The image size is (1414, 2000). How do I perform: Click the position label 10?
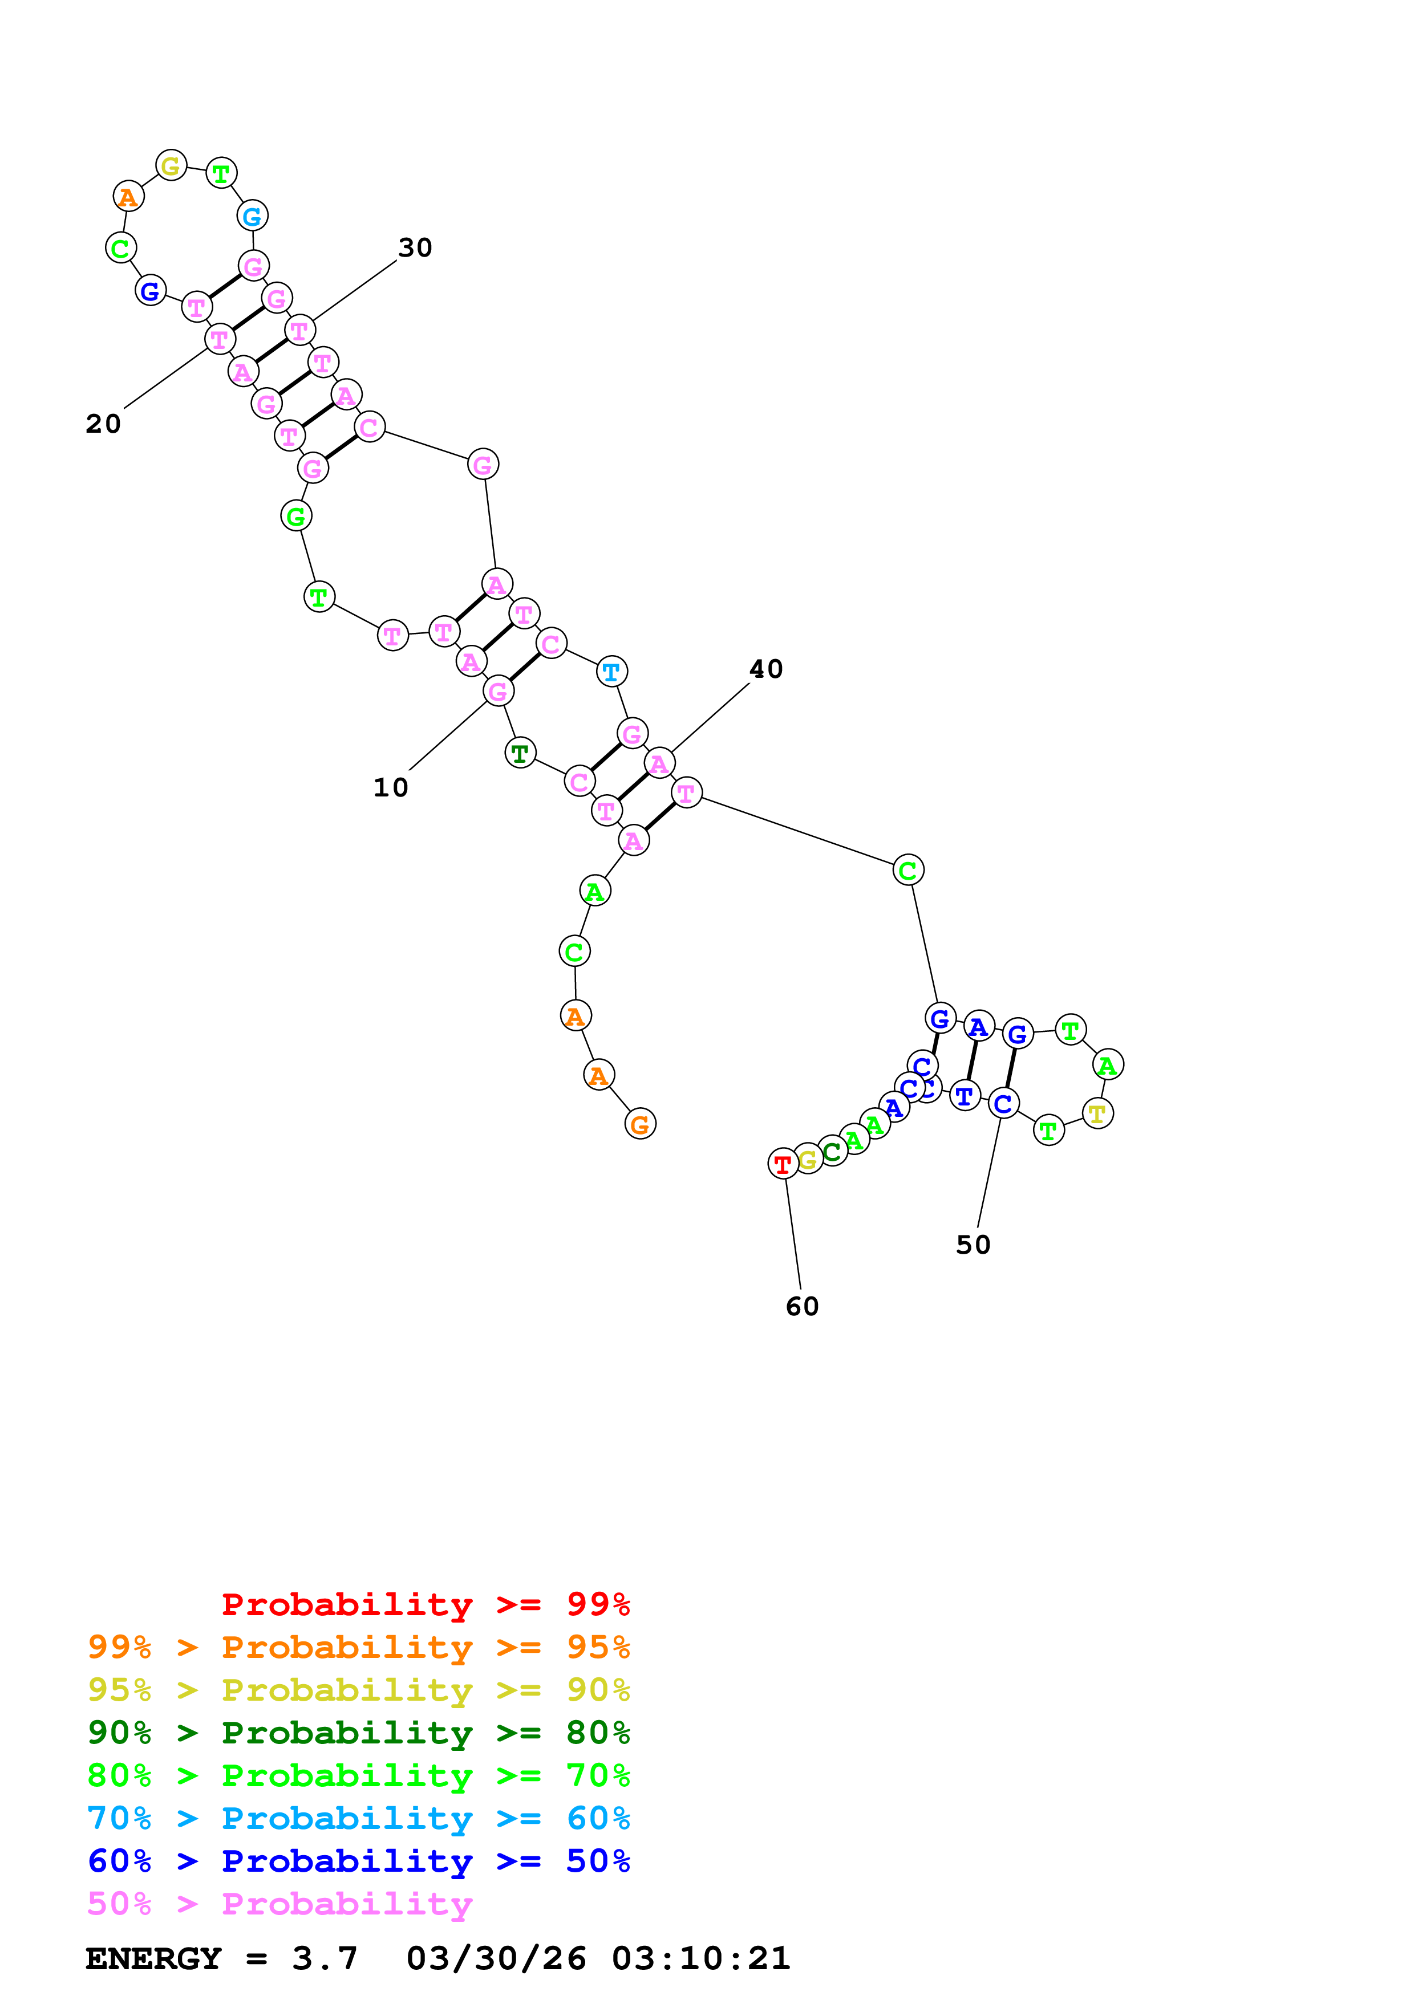[390, 787]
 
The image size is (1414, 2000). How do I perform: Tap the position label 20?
[103, 424]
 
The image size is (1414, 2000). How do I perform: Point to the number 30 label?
[415, 248]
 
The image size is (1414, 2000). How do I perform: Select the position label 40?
[766, 669]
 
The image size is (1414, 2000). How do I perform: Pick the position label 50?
[973, 1245]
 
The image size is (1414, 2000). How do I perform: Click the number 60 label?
[801, 1307]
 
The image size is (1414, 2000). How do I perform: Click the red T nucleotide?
[783, 1163]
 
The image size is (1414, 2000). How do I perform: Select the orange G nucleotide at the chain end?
[639, 1124]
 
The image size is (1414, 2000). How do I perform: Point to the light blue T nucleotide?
[611, 672]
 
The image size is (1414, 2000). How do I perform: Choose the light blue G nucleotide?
[252, 216]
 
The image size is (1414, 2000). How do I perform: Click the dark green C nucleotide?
[832, 1152]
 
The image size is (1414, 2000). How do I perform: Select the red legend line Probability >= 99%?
[425, 1604]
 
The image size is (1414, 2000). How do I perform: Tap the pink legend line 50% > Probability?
[279, 1904]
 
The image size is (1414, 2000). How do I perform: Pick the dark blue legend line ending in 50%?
[358, 1861]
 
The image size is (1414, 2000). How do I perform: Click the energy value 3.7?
[324, 1959]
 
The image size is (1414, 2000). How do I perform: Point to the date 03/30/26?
[496, 1959]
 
